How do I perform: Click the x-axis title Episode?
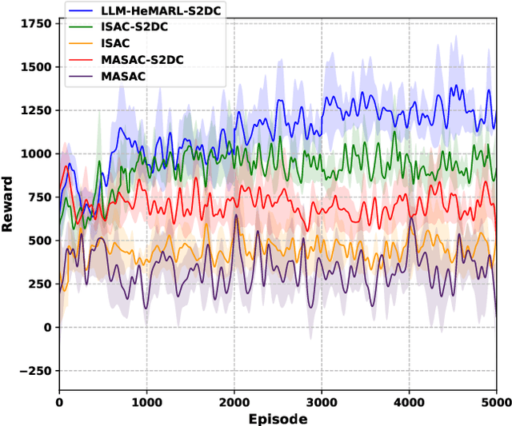tap(277, 418)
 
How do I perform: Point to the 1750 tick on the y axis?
tap(37, 24)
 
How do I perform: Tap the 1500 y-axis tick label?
tap(37, 67)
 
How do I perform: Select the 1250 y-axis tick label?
tap(37, 110)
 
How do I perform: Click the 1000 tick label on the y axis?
tap(37, 153)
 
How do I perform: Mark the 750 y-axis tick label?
tap(41, 197)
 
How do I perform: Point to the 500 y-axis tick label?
tap(41, 241)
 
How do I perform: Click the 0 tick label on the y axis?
tap(48, 327)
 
